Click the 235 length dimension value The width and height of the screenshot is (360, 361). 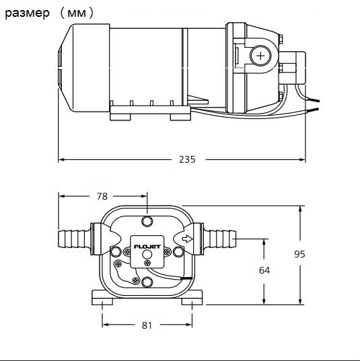pos(187,159)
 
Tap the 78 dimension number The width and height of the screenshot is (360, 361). pos(102,196)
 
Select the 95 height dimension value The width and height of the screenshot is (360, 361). pos(299,254)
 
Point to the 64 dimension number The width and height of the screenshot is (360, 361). pos(264,270)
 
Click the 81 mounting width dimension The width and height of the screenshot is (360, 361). pos(147,325)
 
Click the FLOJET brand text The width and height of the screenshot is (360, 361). pos(147,247)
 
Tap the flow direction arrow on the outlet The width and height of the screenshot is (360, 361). pos(187,239)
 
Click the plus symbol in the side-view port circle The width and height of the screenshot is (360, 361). pos(260,56)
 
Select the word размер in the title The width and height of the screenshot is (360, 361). pos(27,13)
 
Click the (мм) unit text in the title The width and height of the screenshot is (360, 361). pos(77,13)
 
